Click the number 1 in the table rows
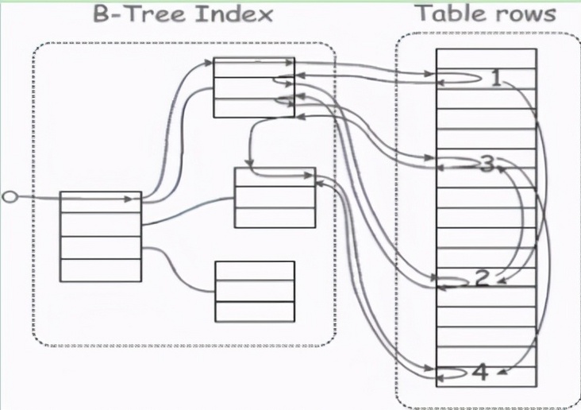pos(497,79)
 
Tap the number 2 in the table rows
pos(482,278)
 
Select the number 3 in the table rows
pos(488,164)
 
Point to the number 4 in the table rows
pos(481,373)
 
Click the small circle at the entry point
pos(10,196)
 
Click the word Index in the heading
pos(234,14)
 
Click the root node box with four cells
pos(101,236)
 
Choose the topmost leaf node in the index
pos(254,87)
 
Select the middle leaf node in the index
pos(275,197)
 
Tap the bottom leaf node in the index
pos(255,292)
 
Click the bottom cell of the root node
pos(101,270)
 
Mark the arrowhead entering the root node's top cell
pos(129,199)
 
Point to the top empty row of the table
pos(486,59)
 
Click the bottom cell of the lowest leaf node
pos(255,311)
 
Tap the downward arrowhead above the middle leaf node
pos(249,163)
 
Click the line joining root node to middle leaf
pos(188,211)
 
